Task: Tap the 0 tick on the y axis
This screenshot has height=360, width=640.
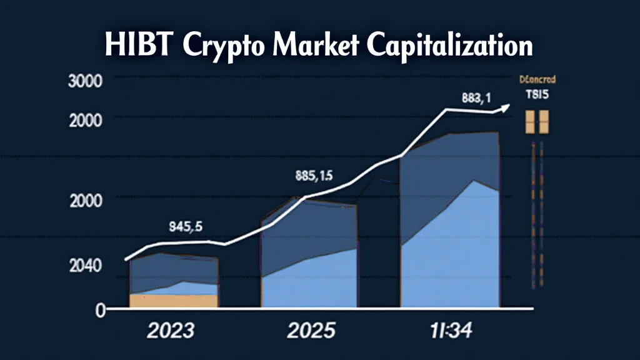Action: point(99,309)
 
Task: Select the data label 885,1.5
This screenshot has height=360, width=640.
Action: point(314,176)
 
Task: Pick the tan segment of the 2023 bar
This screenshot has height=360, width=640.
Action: point(174,300)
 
